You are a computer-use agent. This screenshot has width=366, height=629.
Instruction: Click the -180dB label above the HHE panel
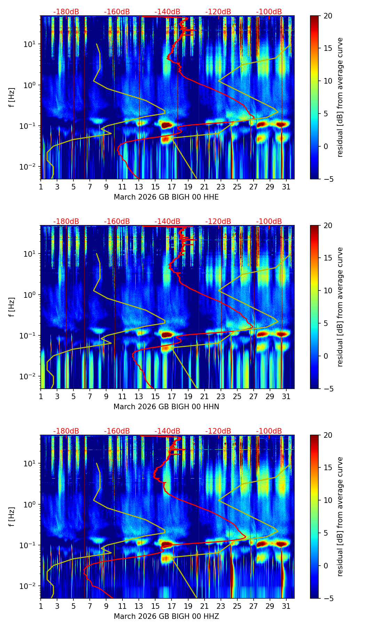click(x=66, y=12)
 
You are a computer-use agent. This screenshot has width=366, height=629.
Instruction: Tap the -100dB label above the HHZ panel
click(x=269, y=431)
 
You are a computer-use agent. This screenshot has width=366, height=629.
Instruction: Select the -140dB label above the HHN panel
click(x=167, y=222)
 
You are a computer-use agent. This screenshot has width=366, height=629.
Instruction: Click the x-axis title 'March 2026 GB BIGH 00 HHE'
click(x=166, y=197)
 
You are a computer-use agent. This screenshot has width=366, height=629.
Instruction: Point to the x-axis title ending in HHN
click(x=166, y=407)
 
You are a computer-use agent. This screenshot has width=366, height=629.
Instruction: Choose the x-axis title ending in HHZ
click(x=166, y=616)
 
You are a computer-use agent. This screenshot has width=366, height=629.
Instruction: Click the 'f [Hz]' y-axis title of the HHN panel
click(x=12, y=307)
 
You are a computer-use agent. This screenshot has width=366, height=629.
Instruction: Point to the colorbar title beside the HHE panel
click(x=340, y=97)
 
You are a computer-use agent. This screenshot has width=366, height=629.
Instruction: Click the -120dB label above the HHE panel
click(x=218, y=12)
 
